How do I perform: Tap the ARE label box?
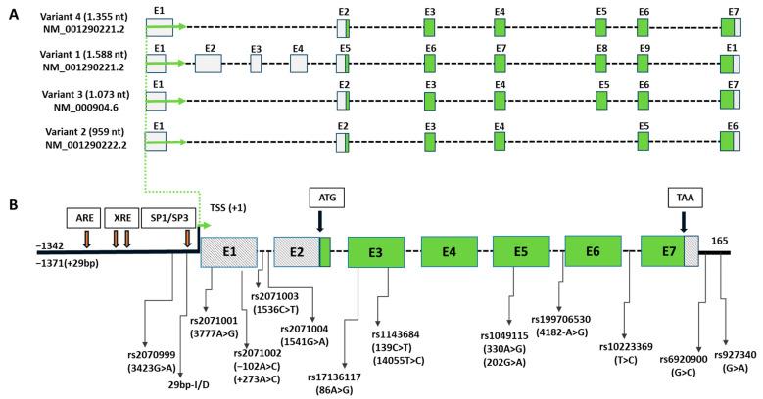83,217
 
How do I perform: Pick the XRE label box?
121,217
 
